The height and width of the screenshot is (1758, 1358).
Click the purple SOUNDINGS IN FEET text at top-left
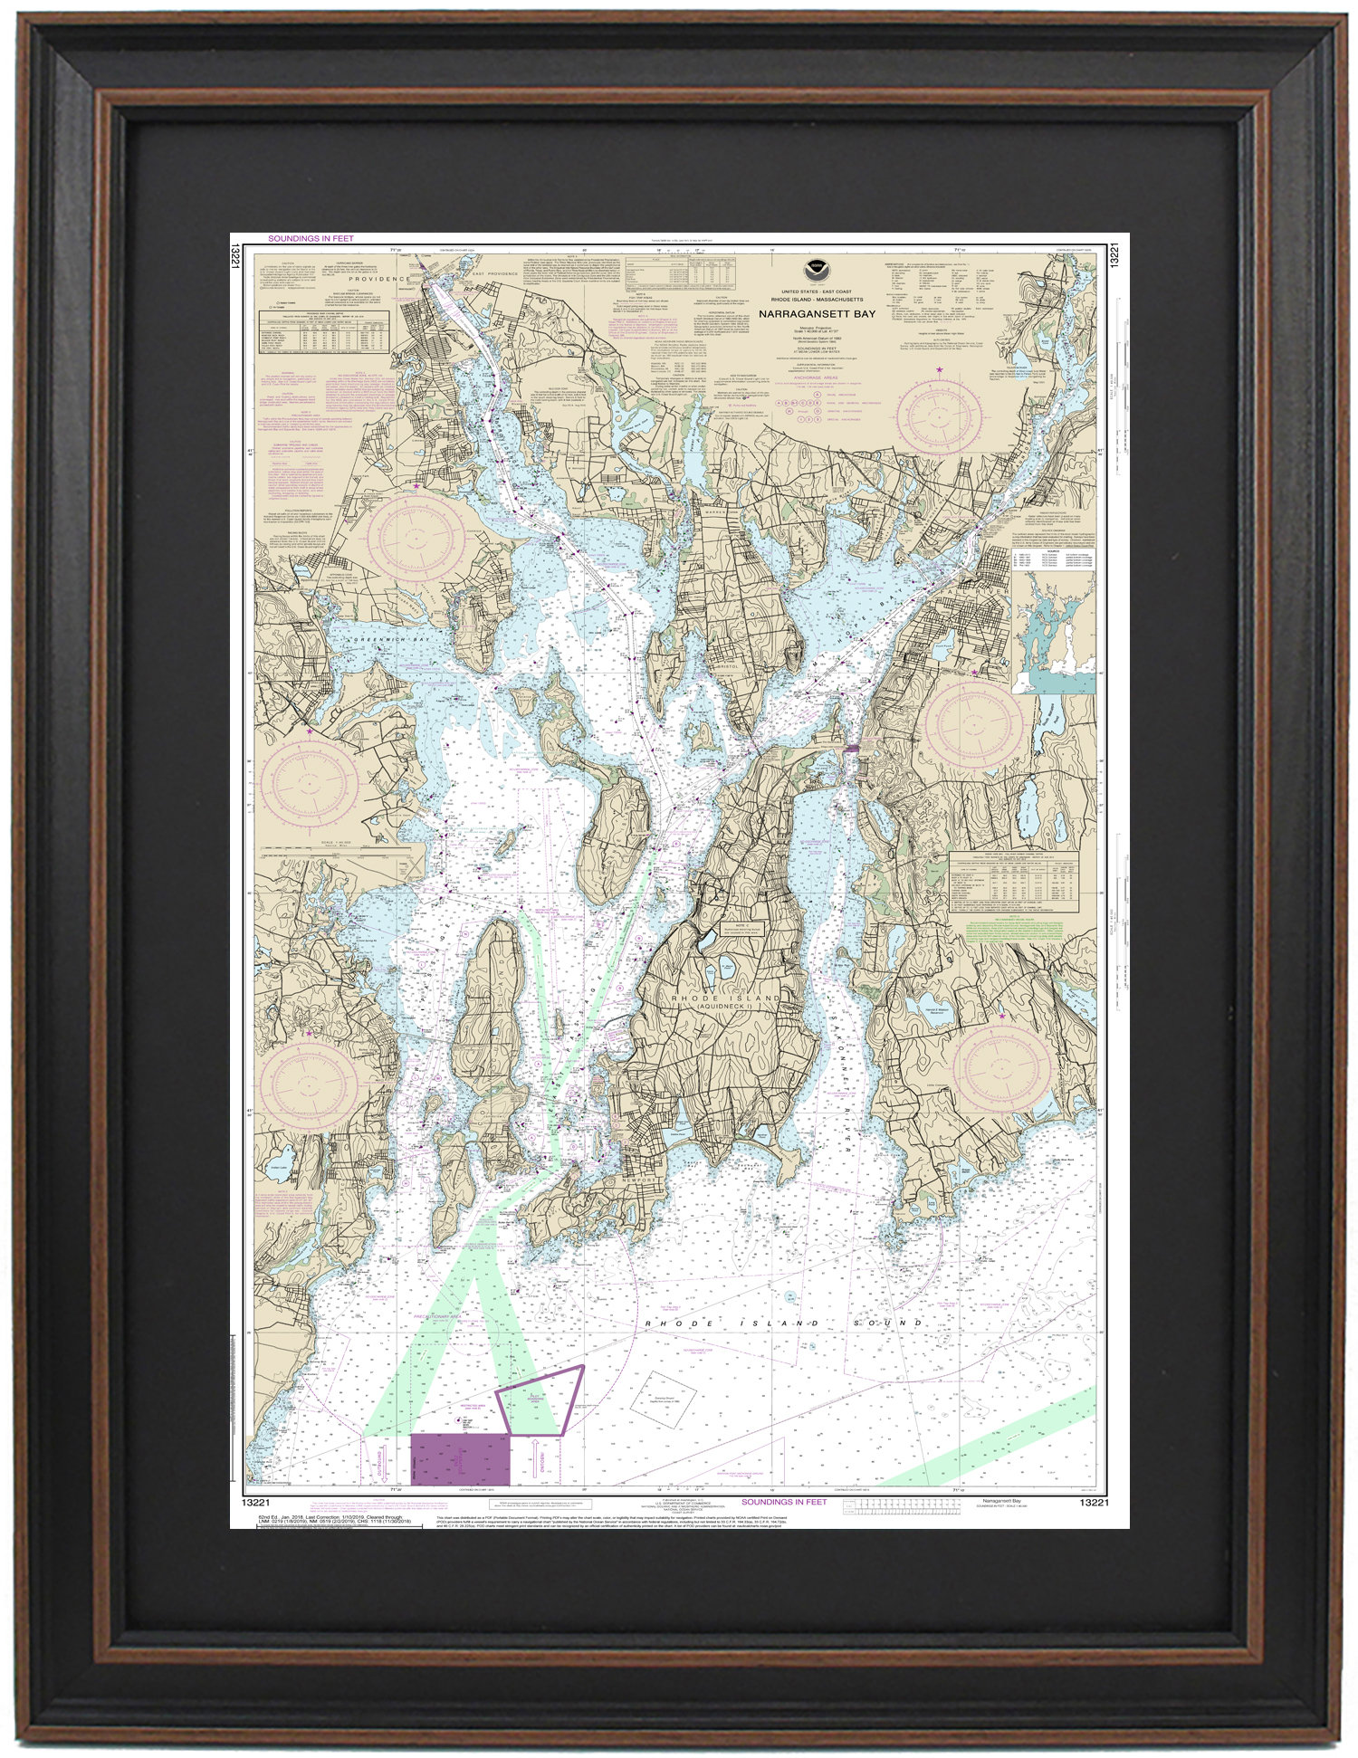(311, 238)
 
